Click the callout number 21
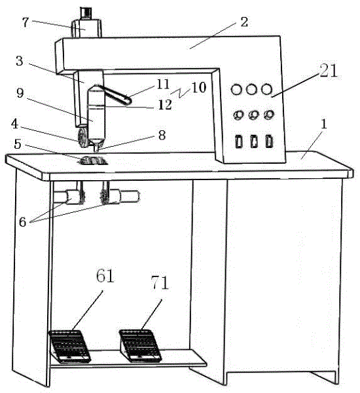pos(329,71)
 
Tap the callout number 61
pos(105,276)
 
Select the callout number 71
pos(160,282)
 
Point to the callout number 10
pos(199,88)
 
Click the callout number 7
pos(26,22)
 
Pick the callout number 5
pos(18,144)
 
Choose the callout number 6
pos(22,222)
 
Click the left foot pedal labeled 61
pos(69,346)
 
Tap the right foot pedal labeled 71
pos(140,346)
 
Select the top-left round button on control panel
pos(236,90)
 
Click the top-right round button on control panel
pos(266,89)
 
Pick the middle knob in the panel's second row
pos(254,115)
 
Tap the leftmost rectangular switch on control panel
pos(239,141)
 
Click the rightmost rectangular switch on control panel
pos(269,141)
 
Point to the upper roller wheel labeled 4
pos(83,138)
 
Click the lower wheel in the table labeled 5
pos(93,160)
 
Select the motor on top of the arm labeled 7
pos(86,26)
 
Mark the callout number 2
pos(244,22)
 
